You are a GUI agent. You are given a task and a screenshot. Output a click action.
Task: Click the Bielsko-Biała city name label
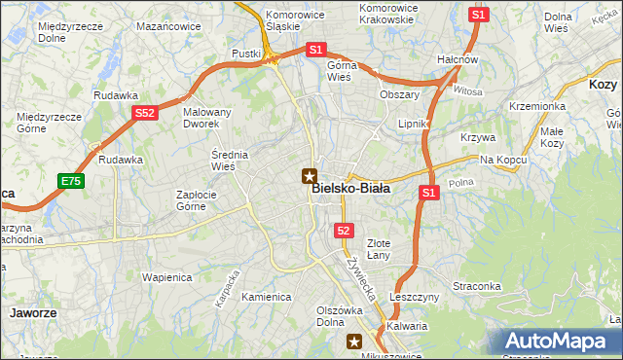point(351,189)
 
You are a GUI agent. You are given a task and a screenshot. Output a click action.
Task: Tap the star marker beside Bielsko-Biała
point(310,176)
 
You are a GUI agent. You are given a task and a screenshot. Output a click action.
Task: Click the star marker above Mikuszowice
point(355,341)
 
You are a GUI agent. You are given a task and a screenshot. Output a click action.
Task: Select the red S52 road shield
point(145,113)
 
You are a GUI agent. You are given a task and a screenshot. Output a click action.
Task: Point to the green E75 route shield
point(70,181)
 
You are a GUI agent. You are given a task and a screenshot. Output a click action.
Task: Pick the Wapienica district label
point(165,276)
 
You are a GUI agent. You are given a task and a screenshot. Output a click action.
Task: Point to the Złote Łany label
point(379,249)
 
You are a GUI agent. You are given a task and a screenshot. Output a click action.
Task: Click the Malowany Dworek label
point(207,118)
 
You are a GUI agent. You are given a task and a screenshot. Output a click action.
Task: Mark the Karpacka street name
point(228,287)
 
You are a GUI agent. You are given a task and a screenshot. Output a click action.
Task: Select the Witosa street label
point(467,90)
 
